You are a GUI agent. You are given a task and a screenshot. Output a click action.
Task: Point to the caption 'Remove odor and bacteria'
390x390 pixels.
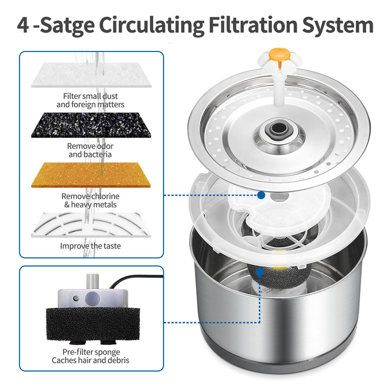point(90,150)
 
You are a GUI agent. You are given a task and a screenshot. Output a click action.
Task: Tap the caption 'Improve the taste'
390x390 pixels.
point(90,246)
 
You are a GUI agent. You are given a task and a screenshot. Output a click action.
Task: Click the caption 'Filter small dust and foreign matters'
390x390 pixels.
point(90,100)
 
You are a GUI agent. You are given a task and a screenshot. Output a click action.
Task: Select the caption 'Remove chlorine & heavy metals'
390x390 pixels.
point(90,200)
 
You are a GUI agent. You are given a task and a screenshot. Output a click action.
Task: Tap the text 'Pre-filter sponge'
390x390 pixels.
point(90,351)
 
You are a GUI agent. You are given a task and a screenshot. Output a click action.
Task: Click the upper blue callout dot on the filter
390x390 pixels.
point(261,194)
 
